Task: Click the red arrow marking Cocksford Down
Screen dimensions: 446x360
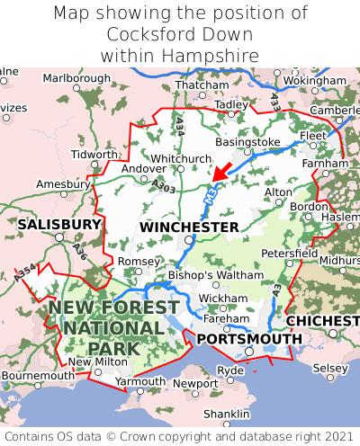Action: pyautogui.click(x=220, y=170)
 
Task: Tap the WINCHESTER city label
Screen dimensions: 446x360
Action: pyautogui.click(x=189, y=227)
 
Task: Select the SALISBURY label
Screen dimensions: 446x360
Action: pyautogui.click(x=59, y=224)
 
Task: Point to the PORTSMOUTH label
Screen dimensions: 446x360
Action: pyautogui.click(x=249, y=338)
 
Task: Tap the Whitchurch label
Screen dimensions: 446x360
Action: pyautogui.click(x=180, y=158)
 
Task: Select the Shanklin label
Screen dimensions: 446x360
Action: pyautogui.click(x=226, y=414)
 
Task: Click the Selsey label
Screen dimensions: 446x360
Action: pyautogui.click(x=329, y=369)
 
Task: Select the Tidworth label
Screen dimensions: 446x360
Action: pyautogui.click(x=94, y=154)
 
